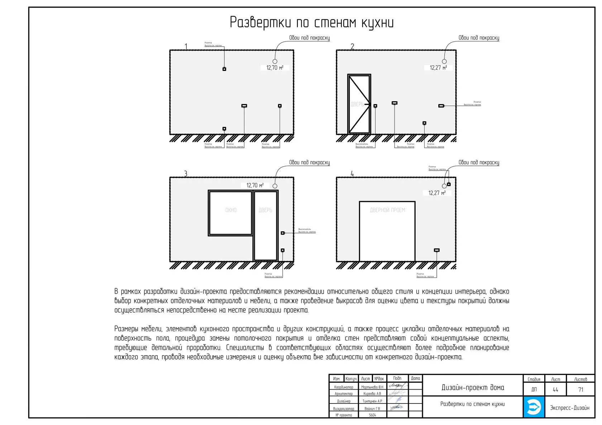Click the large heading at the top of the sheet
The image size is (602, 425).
311,23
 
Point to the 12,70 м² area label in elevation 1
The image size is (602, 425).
275,68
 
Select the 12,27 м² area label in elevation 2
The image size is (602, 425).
438,68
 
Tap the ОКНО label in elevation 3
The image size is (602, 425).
231,210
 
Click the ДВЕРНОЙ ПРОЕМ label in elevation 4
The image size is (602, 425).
387,210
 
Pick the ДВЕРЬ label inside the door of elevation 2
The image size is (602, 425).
357,104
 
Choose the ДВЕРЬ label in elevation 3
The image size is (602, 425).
265,210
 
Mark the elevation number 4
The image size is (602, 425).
352,174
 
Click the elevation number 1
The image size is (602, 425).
186,47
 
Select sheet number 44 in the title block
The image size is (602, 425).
555,390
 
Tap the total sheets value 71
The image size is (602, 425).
580,390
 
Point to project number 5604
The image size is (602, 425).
372,415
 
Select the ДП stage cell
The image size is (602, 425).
534,390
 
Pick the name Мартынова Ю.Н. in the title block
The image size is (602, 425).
372,387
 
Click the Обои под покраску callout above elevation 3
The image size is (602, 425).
309,163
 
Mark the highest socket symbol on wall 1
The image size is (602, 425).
224,69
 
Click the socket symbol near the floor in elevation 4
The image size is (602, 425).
436,250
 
